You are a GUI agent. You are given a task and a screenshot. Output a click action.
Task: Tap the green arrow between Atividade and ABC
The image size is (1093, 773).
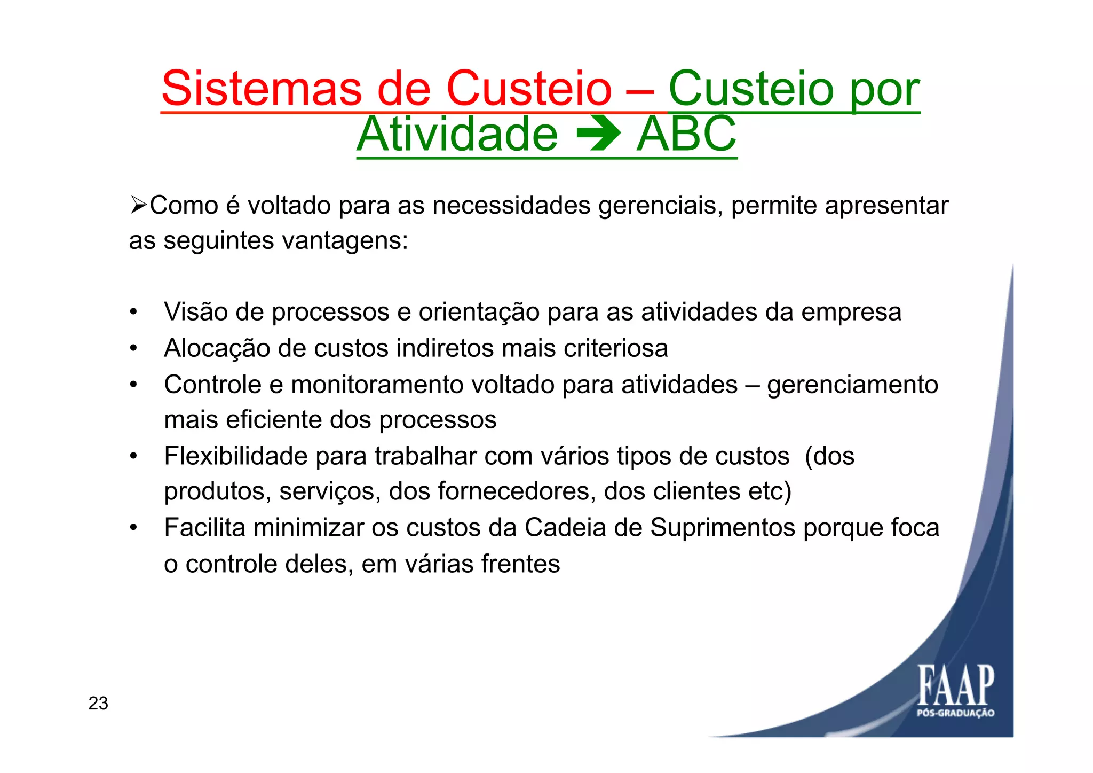[598, 135]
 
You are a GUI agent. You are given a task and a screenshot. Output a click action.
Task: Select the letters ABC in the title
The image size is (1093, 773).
[686, 135]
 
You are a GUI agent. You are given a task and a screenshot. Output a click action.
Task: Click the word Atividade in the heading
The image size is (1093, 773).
[457, 135]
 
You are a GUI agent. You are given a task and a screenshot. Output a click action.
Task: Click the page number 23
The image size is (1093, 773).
[98, 704]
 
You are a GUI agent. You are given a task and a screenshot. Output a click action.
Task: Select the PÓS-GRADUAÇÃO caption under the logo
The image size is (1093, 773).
[955, 713]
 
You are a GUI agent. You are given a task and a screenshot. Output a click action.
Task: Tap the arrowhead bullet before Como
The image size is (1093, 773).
[138, 205]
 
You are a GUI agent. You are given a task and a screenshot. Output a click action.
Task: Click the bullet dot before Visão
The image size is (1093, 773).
[133, 313]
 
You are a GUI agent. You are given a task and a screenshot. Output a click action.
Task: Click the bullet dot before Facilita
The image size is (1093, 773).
[133, 528]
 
